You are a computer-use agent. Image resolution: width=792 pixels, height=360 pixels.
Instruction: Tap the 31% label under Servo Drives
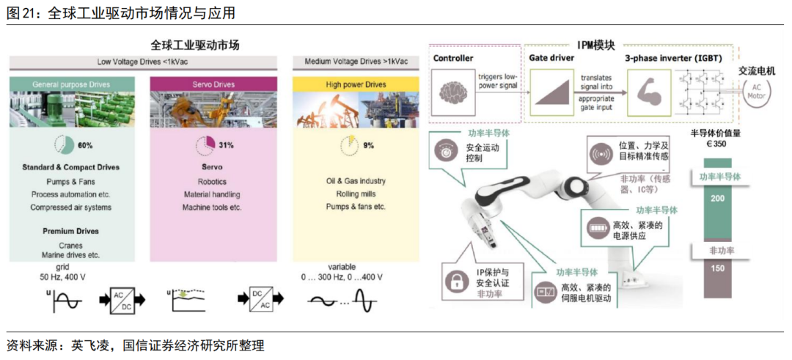[x=226, y=145]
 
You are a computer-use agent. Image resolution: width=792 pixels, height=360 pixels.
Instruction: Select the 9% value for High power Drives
[x=368, y=145]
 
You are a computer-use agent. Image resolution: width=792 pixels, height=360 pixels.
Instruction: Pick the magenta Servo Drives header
[x=214, y=85]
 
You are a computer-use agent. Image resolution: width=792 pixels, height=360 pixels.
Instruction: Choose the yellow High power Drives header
[x=355, y=85]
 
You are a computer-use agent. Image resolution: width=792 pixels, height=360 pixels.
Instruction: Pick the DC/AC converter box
[x=266, y=301]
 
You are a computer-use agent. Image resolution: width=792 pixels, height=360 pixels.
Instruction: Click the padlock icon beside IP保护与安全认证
[x=455, y=281]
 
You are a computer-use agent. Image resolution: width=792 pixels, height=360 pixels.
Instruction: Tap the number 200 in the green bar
[x=717, y=199]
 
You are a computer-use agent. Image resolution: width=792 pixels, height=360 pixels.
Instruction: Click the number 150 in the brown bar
[x=717, y=269]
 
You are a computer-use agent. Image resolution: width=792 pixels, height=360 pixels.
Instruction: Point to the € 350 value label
[x=716, y=145]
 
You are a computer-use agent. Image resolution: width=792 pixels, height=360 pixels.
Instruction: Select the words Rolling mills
[x=356, y=194]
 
